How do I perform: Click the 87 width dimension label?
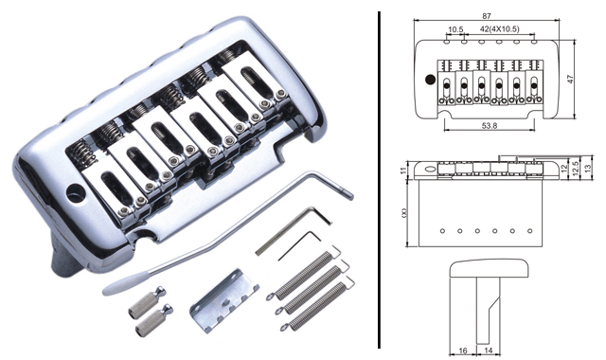click(x=486, y=16)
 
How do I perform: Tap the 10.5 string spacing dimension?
click(x=455, y=29)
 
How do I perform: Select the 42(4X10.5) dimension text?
click(x=499, y=29)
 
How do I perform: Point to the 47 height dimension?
click(x=570, y=79)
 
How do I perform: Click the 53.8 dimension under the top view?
click(x=490, y=126)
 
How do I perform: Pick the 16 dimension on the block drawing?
click(x=463, y=351)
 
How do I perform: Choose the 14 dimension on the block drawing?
click(x=489, y=351)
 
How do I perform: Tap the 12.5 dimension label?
click(x=577, y=169)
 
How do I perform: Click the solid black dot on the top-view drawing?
click(x=430, y=80)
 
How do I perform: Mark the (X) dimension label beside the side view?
click(x=404, y=212)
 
